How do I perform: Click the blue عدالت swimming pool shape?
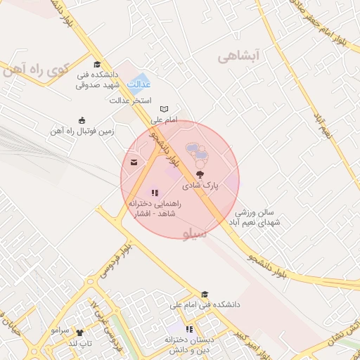coord(138,83)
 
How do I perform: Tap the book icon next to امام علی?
coord(165,109)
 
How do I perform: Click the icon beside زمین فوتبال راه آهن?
coord(82,120)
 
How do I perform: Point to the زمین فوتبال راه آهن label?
coord(82,131)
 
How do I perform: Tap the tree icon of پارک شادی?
coord(200,174)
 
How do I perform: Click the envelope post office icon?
coord(134,163)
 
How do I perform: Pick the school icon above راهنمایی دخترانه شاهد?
coord(155,192)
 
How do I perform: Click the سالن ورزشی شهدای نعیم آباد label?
coord(257,217)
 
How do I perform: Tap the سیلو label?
coord(195,235)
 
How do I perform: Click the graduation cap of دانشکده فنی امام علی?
coord(205,295)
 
